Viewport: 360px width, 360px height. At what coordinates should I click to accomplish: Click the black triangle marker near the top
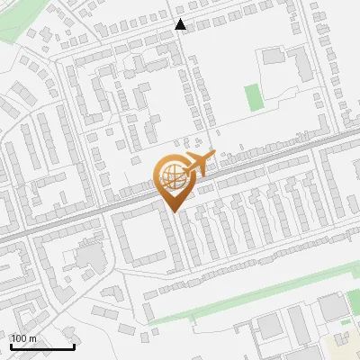tap(181, 24)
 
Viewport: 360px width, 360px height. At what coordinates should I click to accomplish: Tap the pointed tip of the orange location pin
tap(172, 211)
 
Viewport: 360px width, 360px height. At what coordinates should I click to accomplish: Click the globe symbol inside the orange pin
tap(172, 178)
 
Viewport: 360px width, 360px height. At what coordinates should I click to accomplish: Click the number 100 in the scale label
tap(21, 338)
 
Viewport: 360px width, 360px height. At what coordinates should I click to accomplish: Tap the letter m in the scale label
tap(33, 338)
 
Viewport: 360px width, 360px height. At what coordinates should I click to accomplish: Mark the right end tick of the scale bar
tap(74, 346)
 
